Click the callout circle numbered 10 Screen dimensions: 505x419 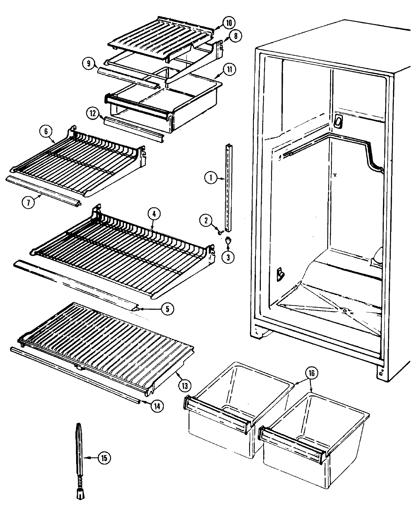[229, 24]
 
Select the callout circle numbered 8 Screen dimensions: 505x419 [236, 36]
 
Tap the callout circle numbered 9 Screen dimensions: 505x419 [89, 64]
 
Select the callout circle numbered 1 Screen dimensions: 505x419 [211, 178]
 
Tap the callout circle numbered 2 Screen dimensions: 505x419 [206, 220]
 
